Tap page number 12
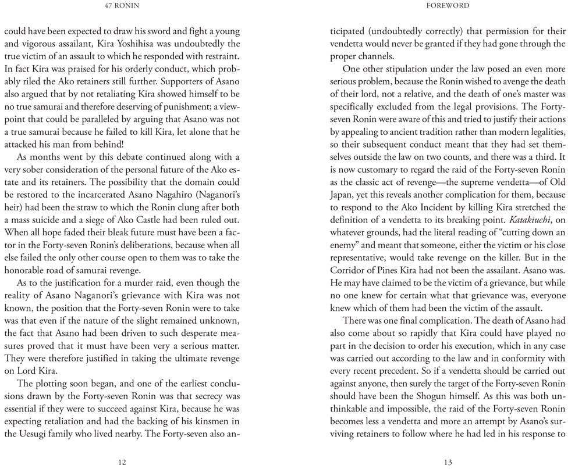[122, 462]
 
